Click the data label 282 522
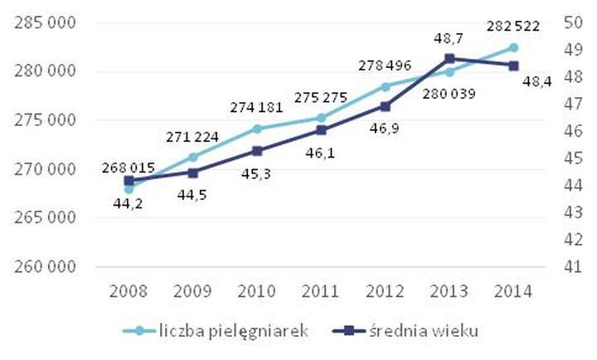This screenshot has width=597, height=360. (512, 26)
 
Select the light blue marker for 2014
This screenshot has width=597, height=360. (513, 48)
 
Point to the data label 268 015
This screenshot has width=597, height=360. (129, 168)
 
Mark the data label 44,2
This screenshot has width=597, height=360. (129, 203)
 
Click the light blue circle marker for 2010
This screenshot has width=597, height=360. (257, 129)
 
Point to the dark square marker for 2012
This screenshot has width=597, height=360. (385, 106)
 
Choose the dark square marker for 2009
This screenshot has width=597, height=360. (192, 173)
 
